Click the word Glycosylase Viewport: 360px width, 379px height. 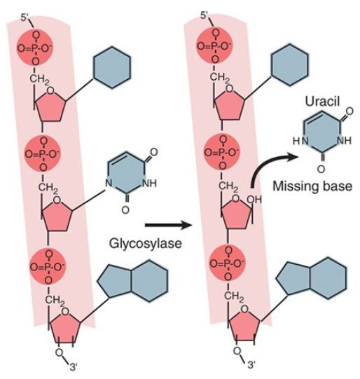[x=145, y=244]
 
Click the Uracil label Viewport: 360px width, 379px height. [x=322, y=102]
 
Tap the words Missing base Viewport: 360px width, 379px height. [x=312, y=186]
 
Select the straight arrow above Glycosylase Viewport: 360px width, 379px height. [x=168, y=226]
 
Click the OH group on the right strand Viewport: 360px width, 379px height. [x=254, y=199]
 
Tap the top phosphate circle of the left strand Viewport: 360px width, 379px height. [x=35, y=48]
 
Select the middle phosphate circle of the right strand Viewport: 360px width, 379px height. [x=222, y=153]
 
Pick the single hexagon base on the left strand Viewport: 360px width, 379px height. [x=112, y=67]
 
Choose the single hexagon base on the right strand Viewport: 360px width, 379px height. [x=290, y=64]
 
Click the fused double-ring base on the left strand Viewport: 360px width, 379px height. [x=132, y=281]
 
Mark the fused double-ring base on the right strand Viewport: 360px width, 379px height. [x=312, y=277]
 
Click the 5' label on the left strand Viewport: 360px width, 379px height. [x=25, y=18]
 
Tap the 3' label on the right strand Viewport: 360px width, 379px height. [x=251, y=364]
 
